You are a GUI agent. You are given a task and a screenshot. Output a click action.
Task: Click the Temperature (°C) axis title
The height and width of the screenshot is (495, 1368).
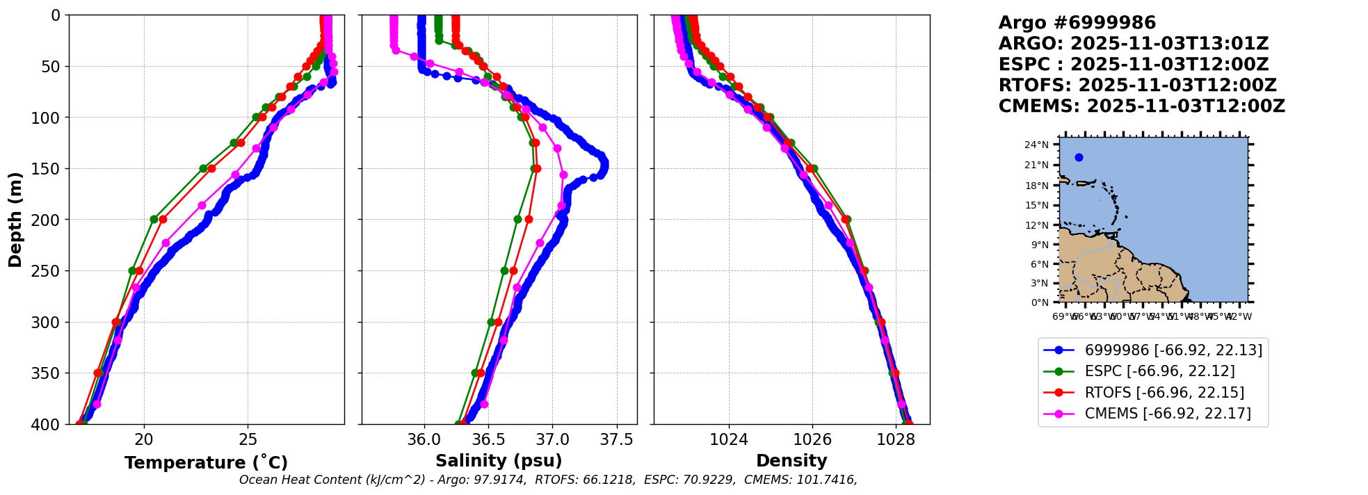(x=206, y=462)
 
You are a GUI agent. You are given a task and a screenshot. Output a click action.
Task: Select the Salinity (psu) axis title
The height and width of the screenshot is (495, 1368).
(x=499, y=461)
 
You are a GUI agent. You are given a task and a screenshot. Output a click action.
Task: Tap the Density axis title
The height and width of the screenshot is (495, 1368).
(x=791, y=461)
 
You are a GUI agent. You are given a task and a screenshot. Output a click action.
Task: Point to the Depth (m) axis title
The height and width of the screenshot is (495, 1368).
(x=15, y=219)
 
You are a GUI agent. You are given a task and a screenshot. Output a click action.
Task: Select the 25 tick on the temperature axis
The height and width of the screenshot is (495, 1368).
(x=248, y=439)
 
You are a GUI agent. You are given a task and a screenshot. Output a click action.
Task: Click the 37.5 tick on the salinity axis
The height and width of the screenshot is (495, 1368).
(x=617, y=439)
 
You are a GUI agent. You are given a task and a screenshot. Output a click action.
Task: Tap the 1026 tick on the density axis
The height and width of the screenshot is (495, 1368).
(x=812, y=439)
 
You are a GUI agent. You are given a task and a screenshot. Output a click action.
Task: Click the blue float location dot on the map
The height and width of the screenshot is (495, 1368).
(x=1079, y=157)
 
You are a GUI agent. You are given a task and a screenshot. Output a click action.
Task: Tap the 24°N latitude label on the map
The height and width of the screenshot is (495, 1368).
(x=1037, y=145)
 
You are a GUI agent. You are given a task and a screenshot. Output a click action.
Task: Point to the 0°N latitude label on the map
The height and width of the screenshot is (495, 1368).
(x=1040, y=302)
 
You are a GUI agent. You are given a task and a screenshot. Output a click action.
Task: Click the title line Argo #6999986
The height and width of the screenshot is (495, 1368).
(x=1077, y=23)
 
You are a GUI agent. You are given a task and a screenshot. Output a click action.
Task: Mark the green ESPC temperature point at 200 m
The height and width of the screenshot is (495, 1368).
(x=154, y=219)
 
